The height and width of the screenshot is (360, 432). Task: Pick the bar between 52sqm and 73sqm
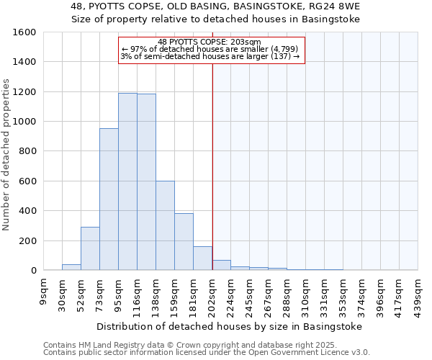(90, 248)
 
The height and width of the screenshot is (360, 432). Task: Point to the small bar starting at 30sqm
(71, 267)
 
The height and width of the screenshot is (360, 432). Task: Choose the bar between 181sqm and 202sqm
(202, 258)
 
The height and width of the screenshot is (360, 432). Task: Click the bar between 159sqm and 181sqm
(184, 242)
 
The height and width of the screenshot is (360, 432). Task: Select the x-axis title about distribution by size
(230, 326)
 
